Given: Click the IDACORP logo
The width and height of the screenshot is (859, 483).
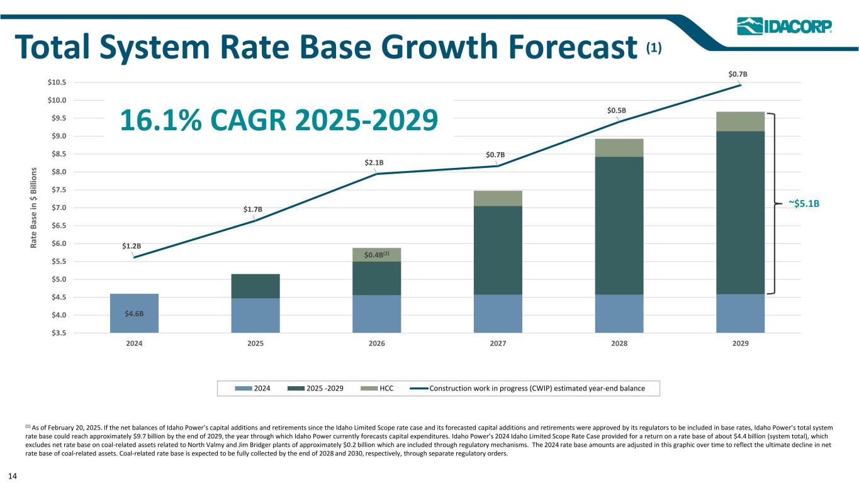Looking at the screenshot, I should (784, 26).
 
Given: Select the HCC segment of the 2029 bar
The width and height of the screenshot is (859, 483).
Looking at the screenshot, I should (740, 121).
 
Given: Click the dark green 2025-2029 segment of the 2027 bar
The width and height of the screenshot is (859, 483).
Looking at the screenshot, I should (498, 250).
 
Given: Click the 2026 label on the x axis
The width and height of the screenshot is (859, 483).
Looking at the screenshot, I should (376, 344).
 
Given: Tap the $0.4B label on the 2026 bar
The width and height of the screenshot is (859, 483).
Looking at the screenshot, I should (377, 255).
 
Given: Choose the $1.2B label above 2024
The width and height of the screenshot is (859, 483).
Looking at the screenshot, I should (131, 246).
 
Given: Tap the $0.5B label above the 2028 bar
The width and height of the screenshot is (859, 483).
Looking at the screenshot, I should (616, 111).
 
